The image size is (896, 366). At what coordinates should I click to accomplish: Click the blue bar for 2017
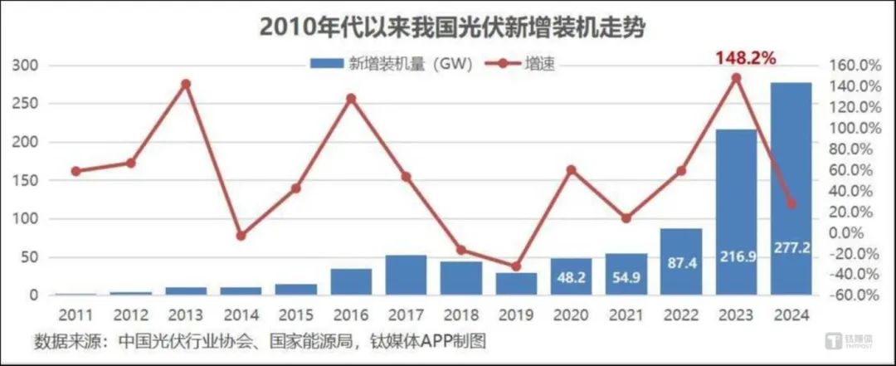[x=407, y=275]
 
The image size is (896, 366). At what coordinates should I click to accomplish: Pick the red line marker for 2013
[x=186, y=84]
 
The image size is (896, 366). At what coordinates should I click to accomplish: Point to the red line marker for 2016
[x=351, y=98]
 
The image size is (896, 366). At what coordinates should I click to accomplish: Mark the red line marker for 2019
[x=516, y=266]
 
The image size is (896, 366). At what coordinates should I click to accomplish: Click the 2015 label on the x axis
[x=296, y=315]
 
